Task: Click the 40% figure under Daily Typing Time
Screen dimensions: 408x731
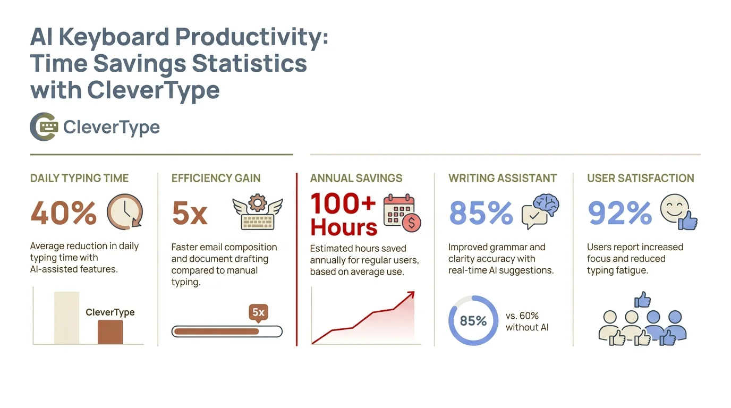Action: [x=64, y=214]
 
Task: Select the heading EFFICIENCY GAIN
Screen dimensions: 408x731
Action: [x=216, y=178]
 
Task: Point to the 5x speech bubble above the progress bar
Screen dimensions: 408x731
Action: [x=258, y=312]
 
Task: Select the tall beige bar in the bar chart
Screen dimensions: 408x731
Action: [x=66, y=318]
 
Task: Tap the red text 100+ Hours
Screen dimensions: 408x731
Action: [x=343, y=215]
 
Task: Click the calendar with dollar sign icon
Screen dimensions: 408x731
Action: [x=402, y=212]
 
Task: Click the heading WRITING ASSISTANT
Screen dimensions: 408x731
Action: [x=502, y=178]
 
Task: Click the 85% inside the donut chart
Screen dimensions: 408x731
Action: [x=473, y=321]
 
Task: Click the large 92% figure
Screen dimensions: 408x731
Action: [x=619, y=214]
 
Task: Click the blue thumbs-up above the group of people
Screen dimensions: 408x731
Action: [x=642, y=299]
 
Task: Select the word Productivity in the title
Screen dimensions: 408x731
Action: [x=245, y=37]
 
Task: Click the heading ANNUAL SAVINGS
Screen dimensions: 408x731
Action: [x=356, y=178]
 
